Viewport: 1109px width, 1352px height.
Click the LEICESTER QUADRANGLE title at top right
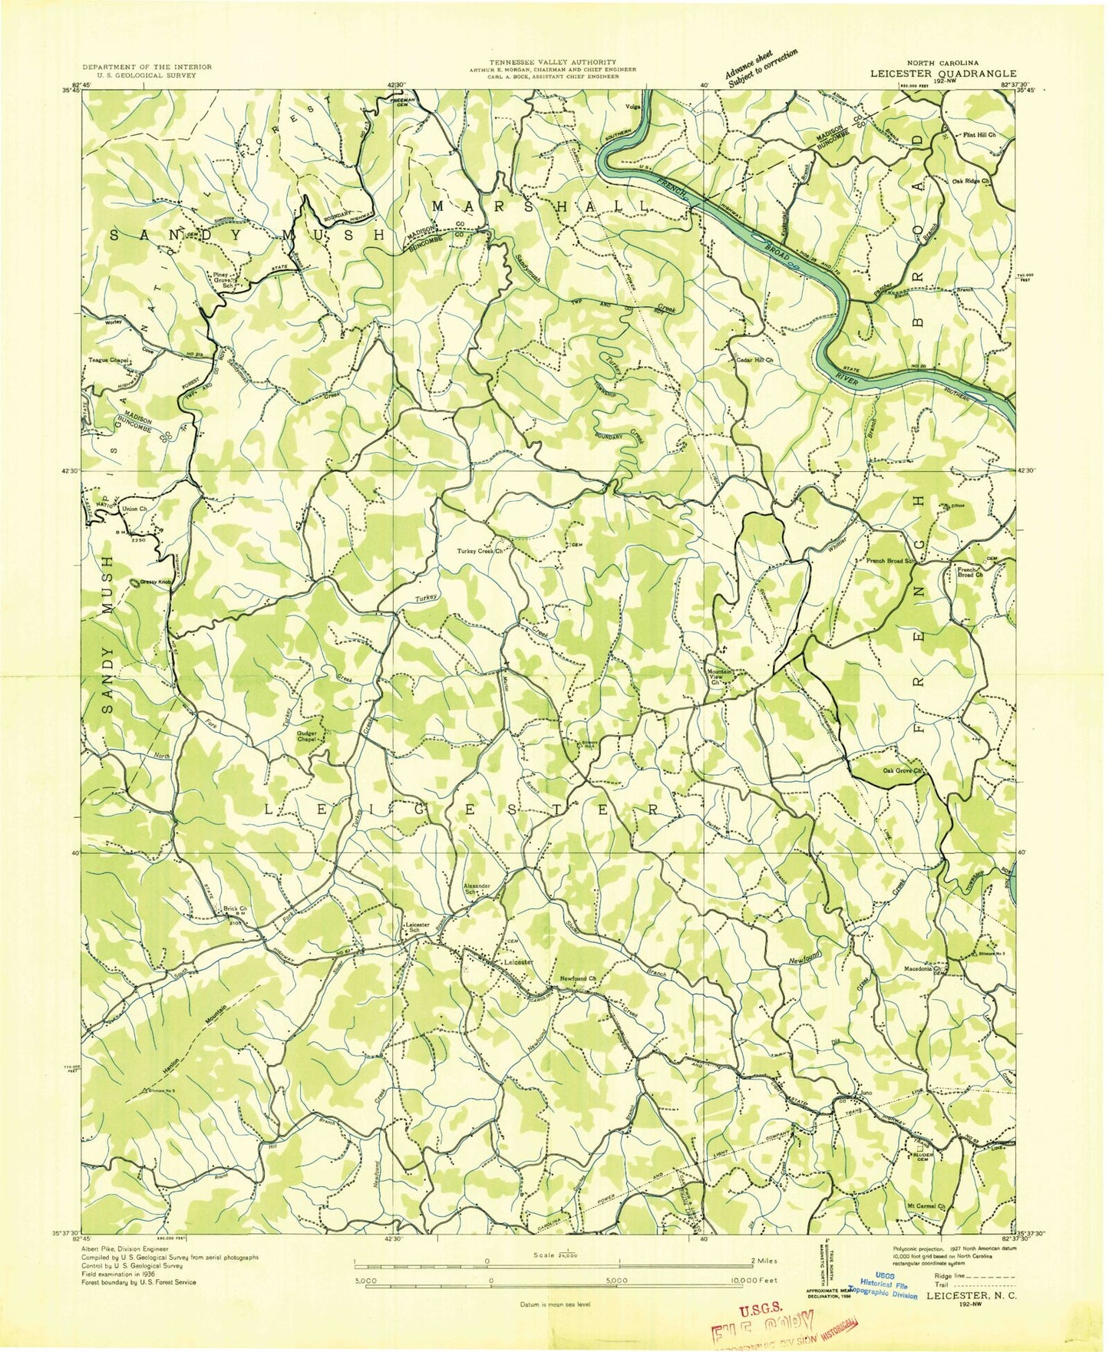(942, 74)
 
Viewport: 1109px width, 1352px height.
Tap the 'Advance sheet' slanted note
(761, 68)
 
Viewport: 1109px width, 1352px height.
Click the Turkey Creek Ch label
(480, 551)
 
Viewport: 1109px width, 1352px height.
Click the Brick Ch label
(234, 908)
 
